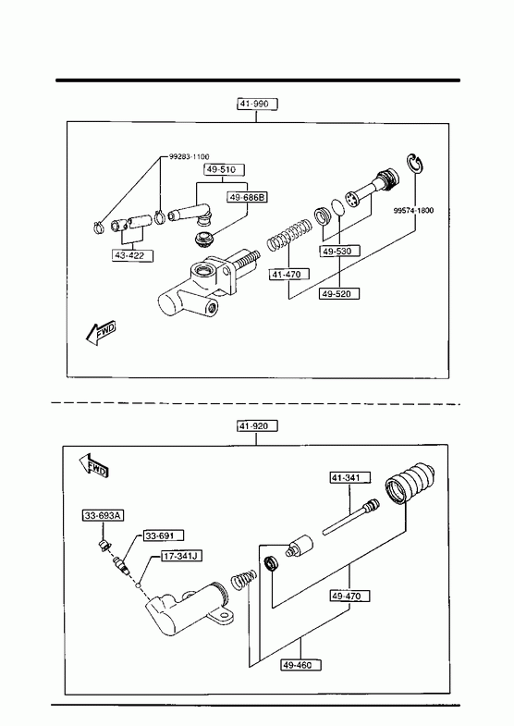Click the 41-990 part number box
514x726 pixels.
(x=257, y=104)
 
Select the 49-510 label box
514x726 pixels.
(x=225, y=169)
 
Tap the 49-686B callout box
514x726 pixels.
(x=248, y=197)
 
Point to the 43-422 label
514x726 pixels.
(x=133, y=255)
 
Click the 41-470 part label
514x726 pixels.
(x=289, y=274)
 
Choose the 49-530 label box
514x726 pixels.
(x=339, y=252)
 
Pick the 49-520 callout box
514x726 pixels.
(x=339, y=293)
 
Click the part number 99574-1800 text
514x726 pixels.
(x=413, y=210)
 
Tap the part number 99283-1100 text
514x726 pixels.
(x=189, y=157)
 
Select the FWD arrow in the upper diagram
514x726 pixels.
(x=101, y=333)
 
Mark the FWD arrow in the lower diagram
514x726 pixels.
(x=93, y=465)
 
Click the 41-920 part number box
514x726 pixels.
(x=257, y=426)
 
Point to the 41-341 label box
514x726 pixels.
(x=350, y=477)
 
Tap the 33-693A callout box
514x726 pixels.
(x=104, y=515)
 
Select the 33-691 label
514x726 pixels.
(x=164, y=535)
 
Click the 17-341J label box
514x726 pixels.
(x=181, y=556)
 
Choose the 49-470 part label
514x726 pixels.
(x=350, y=596)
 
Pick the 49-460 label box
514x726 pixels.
(x=301, y=665)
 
